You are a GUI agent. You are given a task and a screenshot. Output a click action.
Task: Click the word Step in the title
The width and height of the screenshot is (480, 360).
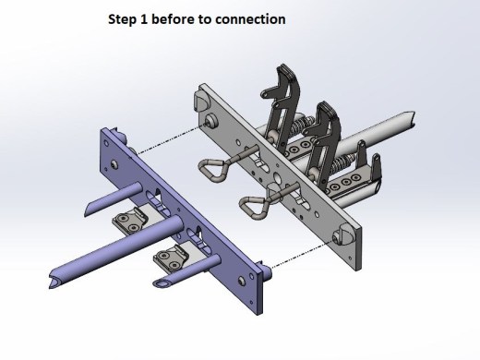coord(122,19)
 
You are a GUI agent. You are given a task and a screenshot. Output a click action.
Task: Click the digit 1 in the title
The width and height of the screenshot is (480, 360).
coord(144,19)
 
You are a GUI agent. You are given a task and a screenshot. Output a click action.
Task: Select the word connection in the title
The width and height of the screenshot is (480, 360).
coord(250,19)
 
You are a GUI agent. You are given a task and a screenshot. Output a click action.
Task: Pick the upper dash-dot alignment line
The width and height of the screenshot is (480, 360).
coord(171,138)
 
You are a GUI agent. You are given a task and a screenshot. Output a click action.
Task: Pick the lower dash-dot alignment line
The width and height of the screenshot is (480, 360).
coord(303,255)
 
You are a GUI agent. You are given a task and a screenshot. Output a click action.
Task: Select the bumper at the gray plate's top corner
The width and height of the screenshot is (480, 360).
coord(201,100)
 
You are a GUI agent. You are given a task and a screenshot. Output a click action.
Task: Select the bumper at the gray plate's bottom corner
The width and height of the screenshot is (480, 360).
coord(343,235)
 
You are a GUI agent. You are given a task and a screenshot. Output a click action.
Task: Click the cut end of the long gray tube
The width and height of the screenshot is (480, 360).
coord(410,120)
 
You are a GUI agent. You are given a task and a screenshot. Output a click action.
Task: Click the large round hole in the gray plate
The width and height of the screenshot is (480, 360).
coord(277,178)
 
